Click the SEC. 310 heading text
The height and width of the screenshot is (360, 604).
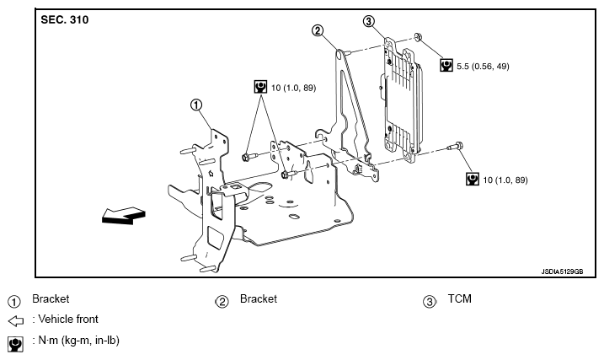(65, 19)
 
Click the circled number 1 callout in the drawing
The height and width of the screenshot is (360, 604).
(196, 105)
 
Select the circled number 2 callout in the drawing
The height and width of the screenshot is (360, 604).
(318, 30)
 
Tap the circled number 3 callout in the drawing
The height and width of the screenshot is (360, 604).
(369, 21)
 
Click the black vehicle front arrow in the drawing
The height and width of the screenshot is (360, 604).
(124, 216)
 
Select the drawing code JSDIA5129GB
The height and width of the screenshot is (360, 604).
(562, 271)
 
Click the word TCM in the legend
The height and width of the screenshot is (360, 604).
(460, 298)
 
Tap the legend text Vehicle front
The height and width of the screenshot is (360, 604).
(68, 320)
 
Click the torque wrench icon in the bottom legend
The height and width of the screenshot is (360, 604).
(15, 343)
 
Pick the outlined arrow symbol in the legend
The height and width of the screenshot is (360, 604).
(16, 320)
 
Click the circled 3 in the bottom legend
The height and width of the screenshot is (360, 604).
(430, 302)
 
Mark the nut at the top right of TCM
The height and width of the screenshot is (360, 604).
(418, 37)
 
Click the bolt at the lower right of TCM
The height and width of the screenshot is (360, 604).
(455, 147)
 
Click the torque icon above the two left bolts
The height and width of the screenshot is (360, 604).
(261, 87)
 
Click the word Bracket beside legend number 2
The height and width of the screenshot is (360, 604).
(259, 298)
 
